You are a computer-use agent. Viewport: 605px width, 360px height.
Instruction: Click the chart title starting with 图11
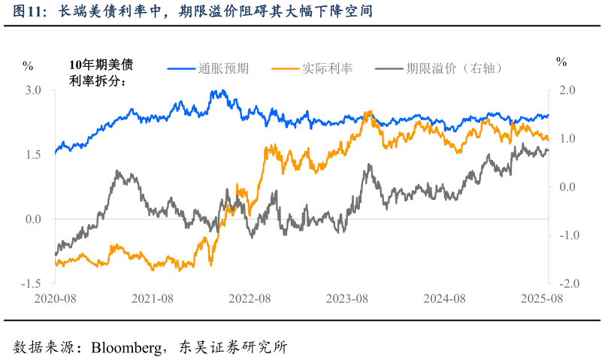coord(193,13)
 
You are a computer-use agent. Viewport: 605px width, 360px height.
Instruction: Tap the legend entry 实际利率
coord(327,68)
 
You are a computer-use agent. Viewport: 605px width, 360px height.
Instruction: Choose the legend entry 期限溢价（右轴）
coord(454,68)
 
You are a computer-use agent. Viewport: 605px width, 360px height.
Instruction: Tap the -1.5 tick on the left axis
coord(31,284)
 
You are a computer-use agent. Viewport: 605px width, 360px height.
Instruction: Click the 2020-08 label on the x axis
coord(55,298)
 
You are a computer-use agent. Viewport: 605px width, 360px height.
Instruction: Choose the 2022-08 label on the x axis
coord(250,298)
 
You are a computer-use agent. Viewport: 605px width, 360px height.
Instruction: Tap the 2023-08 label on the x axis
coord(346,298)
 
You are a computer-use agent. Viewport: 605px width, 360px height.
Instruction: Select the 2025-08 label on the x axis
coord(542,298)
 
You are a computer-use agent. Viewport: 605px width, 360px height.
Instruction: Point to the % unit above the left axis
coord(28,65)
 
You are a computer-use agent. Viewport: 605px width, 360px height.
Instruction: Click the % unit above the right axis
coord(561,62)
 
